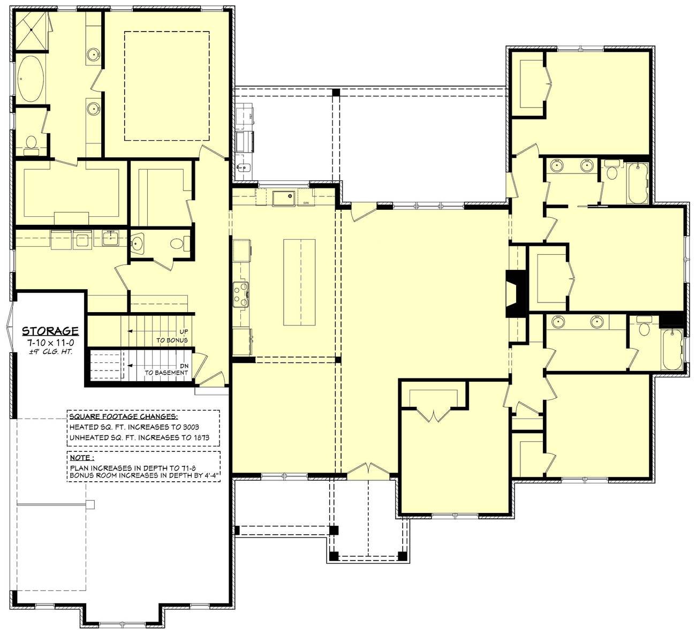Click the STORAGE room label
click(50, 331)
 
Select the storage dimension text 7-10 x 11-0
click(50, 342)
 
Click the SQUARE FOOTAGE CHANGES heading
click(124, 417)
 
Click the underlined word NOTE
click(81, 458)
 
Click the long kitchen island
click(299, 282)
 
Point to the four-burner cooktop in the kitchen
click(241, 294)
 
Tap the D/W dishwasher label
click(306, 203)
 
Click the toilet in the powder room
click(177, 245)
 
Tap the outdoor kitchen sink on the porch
click(244, 168)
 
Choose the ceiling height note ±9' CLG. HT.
click(50, 352)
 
